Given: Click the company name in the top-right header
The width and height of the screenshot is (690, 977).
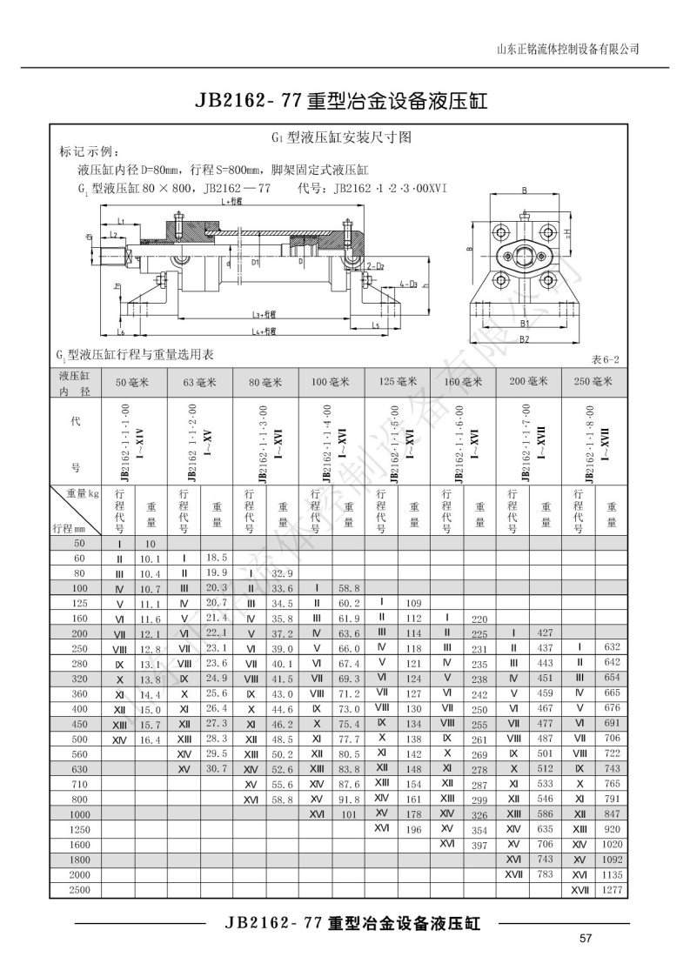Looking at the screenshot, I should pos(566,49).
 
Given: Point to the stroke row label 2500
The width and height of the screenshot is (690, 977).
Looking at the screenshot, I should pos(77,890).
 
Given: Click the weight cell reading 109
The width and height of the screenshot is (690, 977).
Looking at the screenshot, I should pos(413,602).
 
